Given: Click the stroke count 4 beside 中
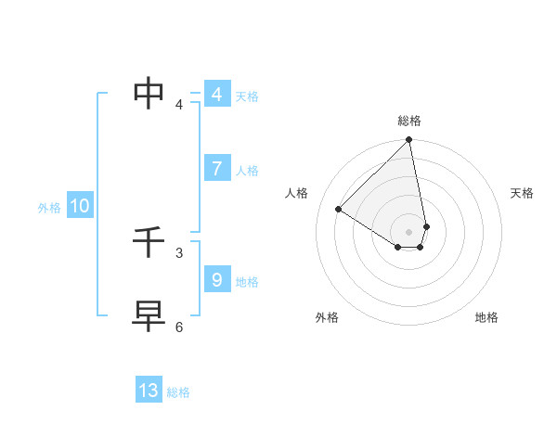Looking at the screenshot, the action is click(179, 105).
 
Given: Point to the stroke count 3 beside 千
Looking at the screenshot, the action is click(179, 252).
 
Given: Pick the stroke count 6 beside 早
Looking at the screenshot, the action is click(179, 327).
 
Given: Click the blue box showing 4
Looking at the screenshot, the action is click(216, 95).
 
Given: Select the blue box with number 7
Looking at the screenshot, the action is click(216, 169).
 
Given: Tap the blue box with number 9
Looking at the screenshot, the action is click(216, 280).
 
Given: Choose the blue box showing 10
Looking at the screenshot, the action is click(80, 206).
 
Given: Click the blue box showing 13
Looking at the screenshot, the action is click(149, 391).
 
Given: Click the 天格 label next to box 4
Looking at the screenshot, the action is click(247, 96).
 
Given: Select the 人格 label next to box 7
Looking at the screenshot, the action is click(247, 171).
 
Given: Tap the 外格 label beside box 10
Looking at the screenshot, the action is click(49, 208).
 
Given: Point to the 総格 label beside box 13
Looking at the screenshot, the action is click(178, 392).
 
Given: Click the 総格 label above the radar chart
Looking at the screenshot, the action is click(409, 121).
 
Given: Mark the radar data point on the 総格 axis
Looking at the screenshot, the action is click(409, 140).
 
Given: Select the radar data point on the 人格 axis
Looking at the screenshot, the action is click(339, 209).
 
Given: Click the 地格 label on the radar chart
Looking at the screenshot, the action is click(486, 317).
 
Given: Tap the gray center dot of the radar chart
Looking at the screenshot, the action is click(409, 231).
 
